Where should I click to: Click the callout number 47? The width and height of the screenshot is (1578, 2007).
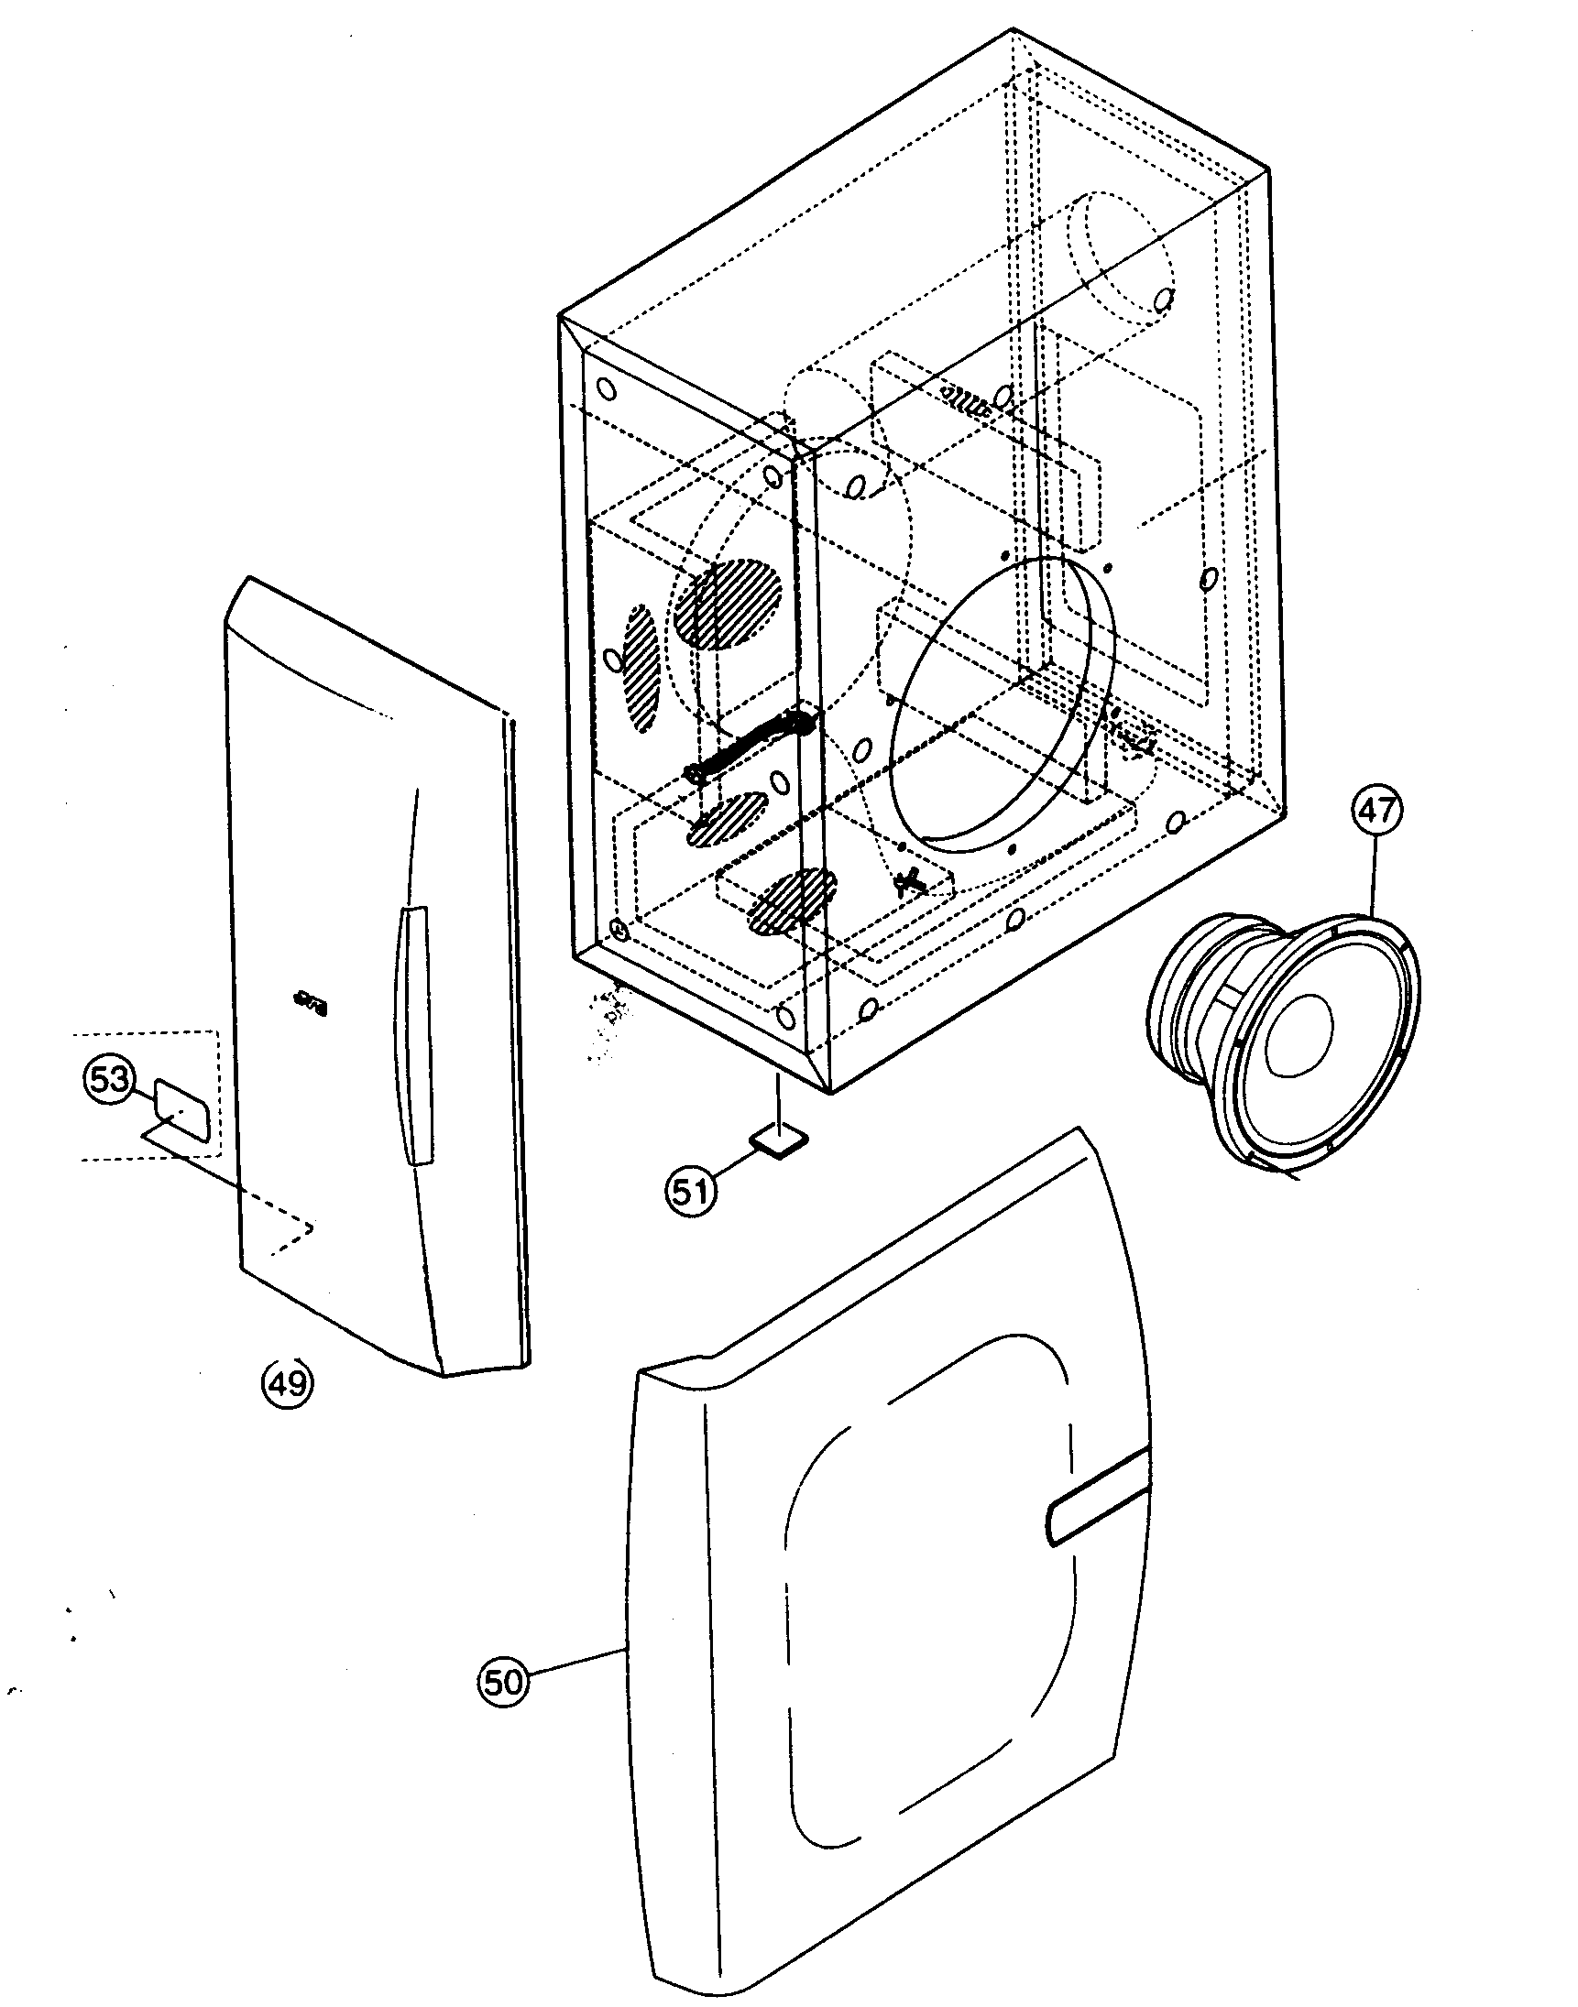tap(1376, 811)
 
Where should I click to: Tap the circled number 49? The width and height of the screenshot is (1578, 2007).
tap(288, 1382)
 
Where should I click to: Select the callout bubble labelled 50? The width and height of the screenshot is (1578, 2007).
tap(503, 1682)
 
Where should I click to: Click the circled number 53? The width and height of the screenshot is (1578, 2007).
tap(109, 1078)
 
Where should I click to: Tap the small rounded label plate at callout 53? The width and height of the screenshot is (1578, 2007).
tap(184, 1108)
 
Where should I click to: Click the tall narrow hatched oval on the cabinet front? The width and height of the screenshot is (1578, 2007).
tap(641, 667)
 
